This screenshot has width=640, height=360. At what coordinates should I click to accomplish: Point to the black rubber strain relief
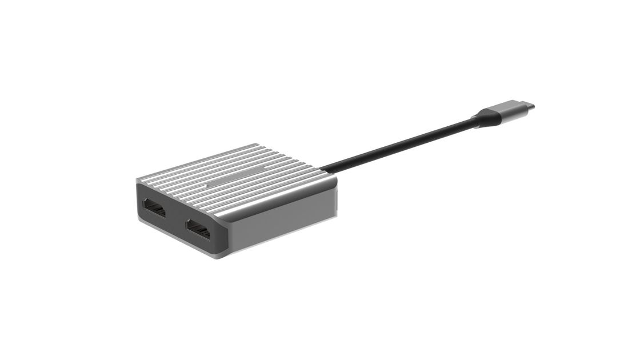[483, 119]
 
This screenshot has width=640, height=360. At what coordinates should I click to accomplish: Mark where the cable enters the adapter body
[323, 169]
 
